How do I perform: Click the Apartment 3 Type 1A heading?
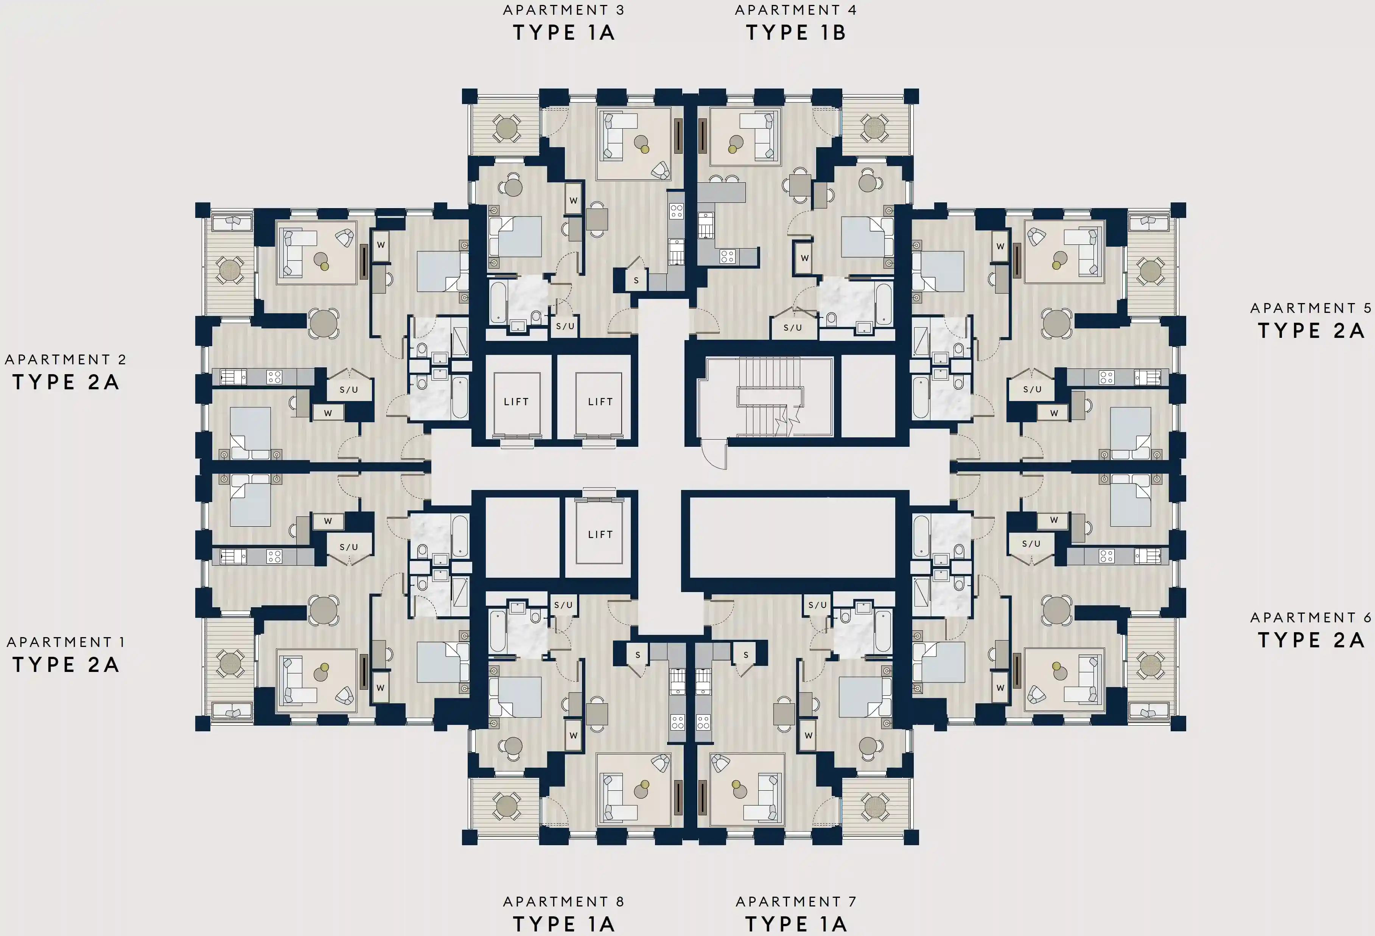[563, 24]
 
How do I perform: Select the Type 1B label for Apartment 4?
[796, 33]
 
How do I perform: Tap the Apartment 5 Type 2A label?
[1311, 321]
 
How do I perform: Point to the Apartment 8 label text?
[563, 901]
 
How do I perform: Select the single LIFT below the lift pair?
[599, 534]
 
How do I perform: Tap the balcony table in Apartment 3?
[507, 128]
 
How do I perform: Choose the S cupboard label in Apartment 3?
[636, 280]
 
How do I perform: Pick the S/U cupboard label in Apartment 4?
[792, 328]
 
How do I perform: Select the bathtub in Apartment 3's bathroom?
[498, 302]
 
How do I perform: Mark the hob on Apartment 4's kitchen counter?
[727, 256]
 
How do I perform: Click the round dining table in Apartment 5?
[1057, 323]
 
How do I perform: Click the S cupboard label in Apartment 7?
[745, 655]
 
